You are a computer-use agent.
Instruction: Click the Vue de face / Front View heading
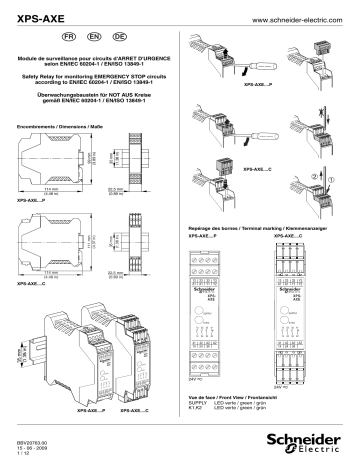(x=251, y=397)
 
